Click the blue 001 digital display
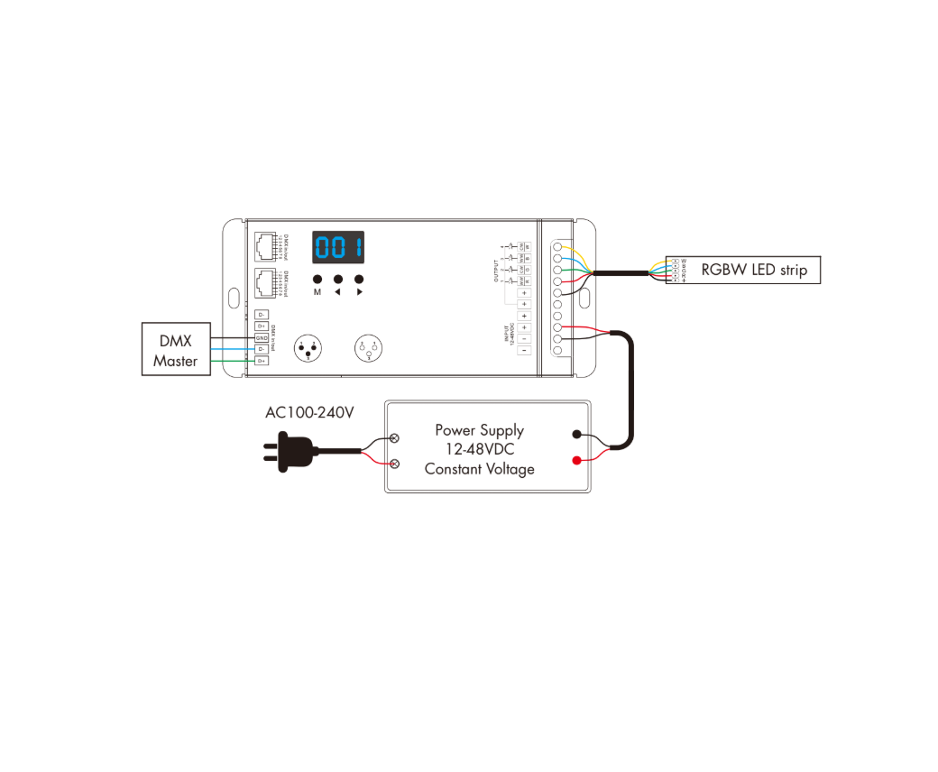[x=338, y=246]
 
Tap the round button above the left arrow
[x=338, y=280]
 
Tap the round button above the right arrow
[x=359, y=280]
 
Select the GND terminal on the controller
[x=262, y=337]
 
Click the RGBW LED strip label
[x=753, y=270]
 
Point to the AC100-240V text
[x=309, y=412]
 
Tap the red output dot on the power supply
[x=576, y=461]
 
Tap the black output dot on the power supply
[x=576, y=435]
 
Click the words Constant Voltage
[x=479, y=469]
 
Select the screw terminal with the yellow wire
[x=559, y=246]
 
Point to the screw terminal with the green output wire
[x=559, y=270]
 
